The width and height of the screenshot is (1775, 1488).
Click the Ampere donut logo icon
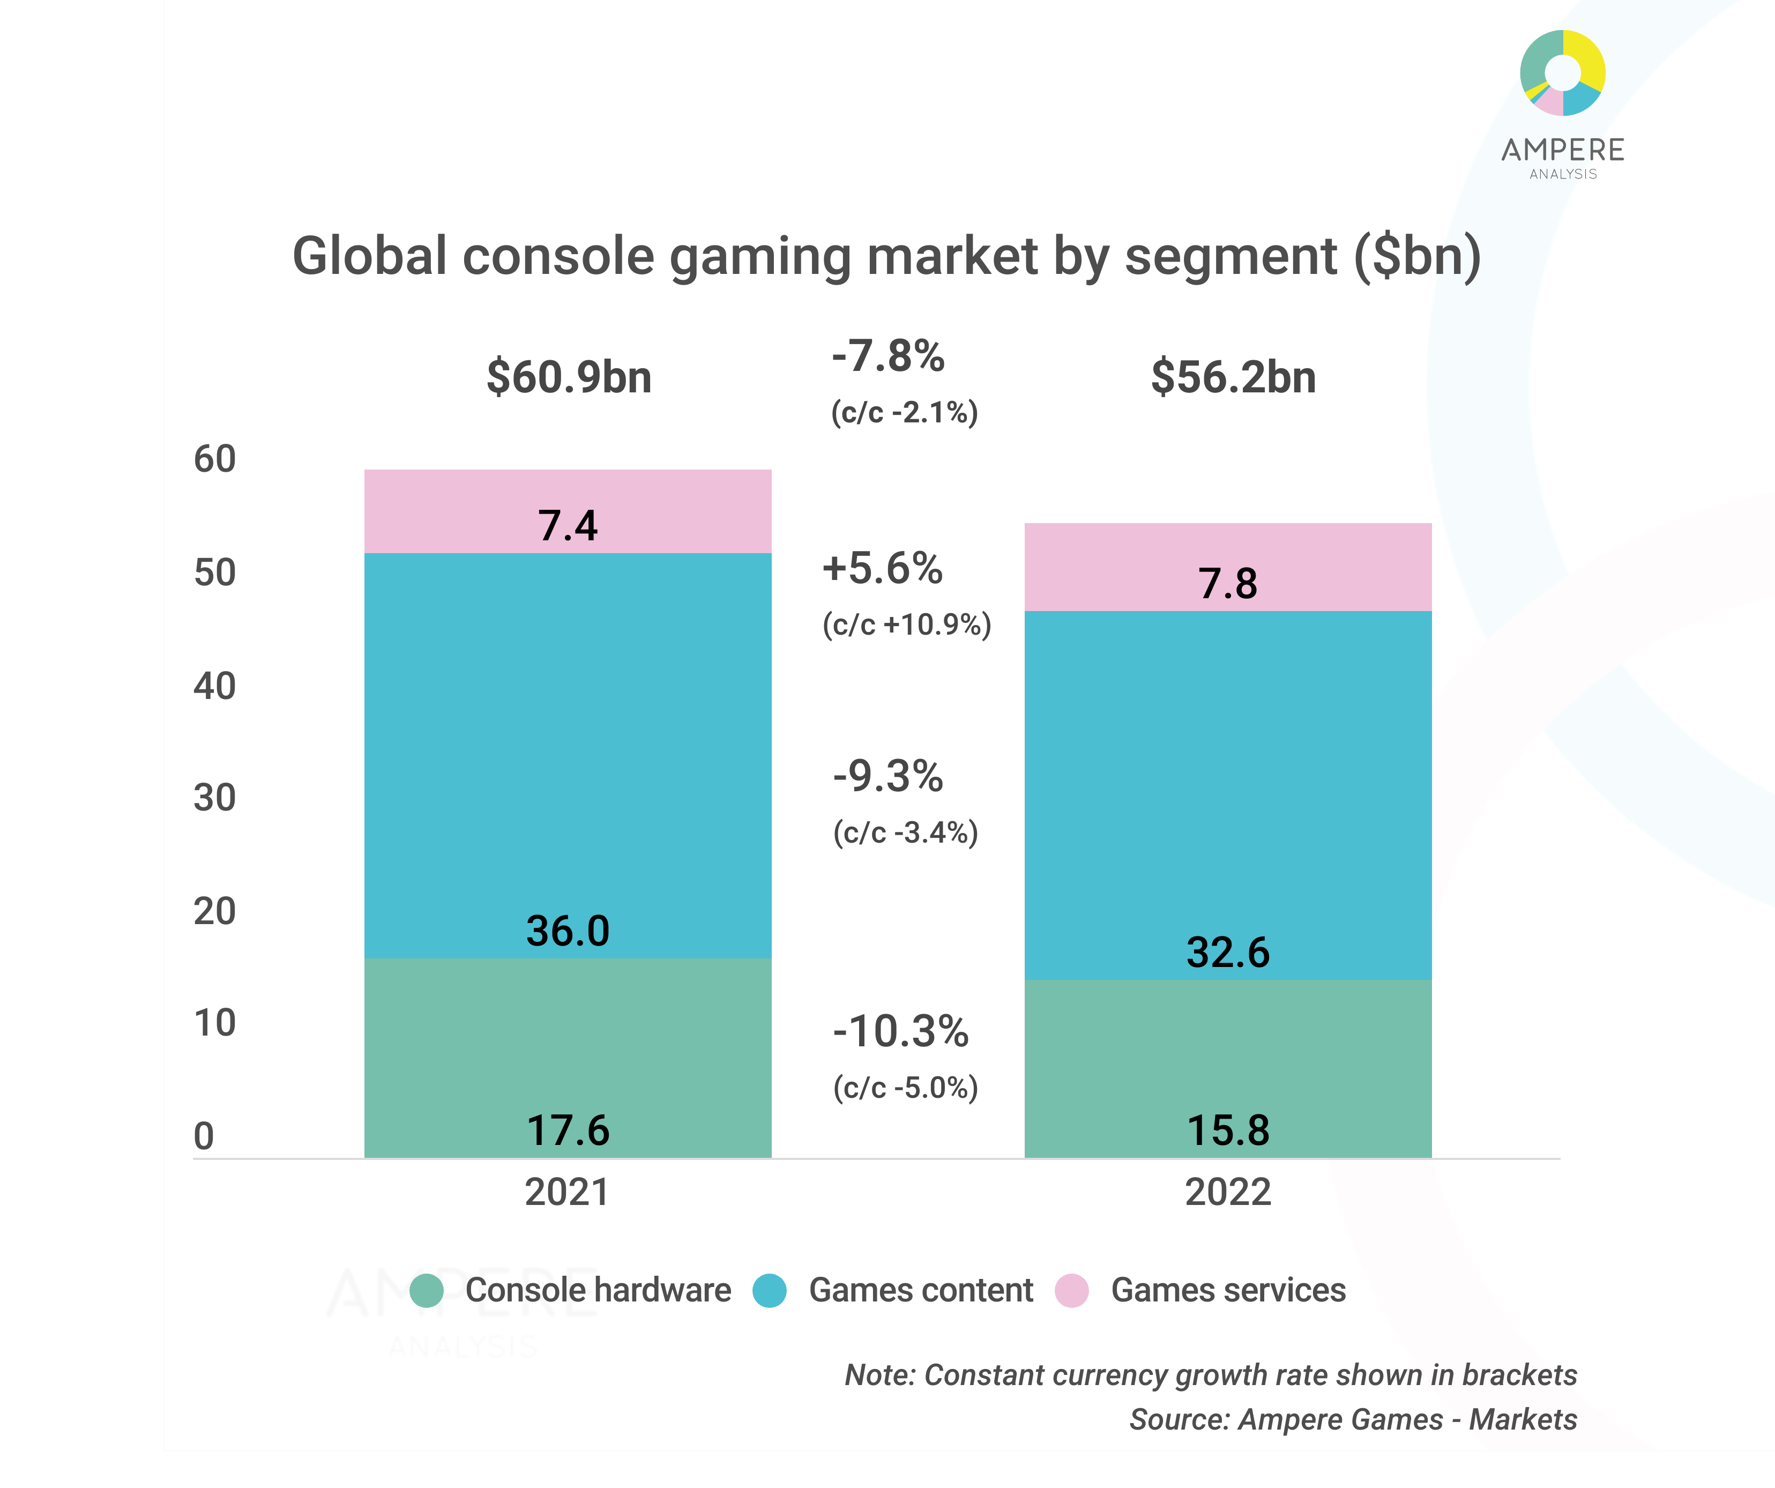click(x=1562, y=73)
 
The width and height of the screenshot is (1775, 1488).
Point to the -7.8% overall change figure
click(x=887, y=356)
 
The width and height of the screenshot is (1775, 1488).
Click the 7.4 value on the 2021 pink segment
click(x=568, y=526)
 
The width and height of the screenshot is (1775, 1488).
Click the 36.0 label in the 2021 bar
click(x=568, y=931)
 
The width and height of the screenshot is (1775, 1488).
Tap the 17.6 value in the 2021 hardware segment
click(x=568, y=1130)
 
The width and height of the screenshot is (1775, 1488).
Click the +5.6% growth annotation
click(x=883, y=568)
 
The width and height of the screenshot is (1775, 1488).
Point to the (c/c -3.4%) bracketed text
click(x=905, y=833)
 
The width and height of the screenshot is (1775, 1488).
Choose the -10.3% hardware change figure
click(x=900, y=1031)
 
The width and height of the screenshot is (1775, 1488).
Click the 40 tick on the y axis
click(x=215, y=686)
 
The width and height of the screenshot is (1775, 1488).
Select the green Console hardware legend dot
click(x=427, y=1290)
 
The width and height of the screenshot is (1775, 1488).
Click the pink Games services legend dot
click(x=1072, y=1290)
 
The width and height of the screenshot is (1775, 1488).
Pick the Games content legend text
click(x=921, y=1290)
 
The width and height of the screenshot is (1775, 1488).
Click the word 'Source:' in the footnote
click(x=1180, y=1419)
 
